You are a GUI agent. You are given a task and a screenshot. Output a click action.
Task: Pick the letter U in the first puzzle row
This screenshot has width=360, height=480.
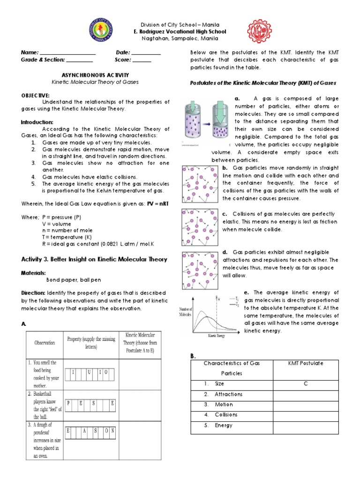tap(89, 372)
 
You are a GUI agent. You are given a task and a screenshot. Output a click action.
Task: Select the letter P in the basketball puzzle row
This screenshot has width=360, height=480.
tap(68, 402)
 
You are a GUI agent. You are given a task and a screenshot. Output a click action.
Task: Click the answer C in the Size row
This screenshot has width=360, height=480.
tap(305, 383)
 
